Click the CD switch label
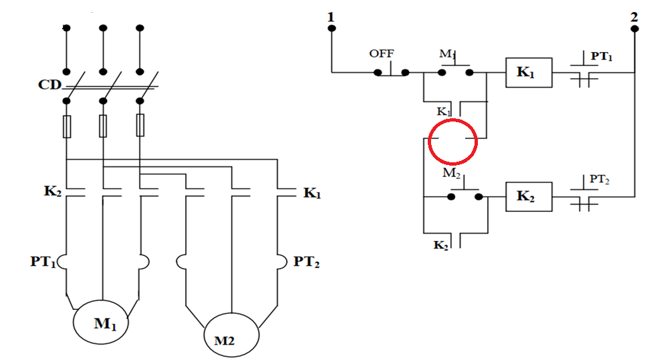pyautogui.click(x=49, y=85)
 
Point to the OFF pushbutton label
pyautogui.click(x=382, y=53)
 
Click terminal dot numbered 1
pyautogui.click(x=332, y=28)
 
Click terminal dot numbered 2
pyautogui.click(x=635, y=29)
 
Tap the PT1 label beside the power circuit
pyautogui.click(x=43, y=262)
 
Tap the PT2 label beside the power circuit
pyautogui.click(x=307, y=262)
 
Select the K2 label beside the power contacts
pyautogui.click(x=53, y=191)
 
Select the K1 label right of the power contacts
pyautogui.click(x=312, y=193)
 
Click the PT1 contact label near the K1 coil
pyautogui.click(x=602, y=56)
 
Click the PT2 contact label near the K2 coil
pyautogui.click(x=600, y=180)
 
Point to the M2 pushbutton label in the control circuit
pyautogui.click(x=451, y=173)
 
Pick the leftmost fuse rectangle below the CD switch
pyautogui.click(x=67, y=126)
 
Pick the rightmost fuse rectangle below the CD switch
pyautogui.click(x=140, y=126)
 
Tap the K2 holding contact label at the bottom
pyautogui.click(x=441, y=245)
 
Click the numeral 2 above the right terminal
pyautogui.click(x=634, y=17)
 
